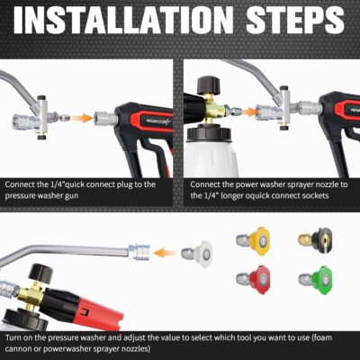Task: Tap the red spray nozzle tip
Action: click(262, 275)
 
